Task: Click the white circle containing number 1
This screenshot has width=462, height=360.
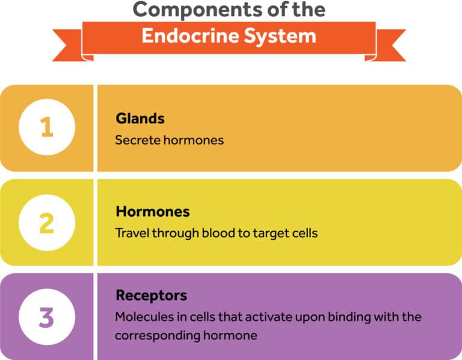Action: tap(47, 128)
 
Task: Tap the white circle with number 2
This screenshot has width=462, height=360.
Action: tap(47, 222)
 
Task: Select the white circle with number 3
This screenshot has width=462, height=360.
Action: tap(47, 317)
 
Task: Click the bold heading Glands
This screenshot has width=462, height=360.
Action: tap(140, 119)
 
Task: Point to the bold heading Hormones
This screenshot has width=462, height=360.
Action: tap(152, 212)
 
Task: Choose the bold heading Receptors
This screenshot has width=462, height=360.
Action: tap(151, 296)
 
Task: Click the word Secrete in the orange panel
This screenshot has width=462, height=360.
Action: tap(136, 140)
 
